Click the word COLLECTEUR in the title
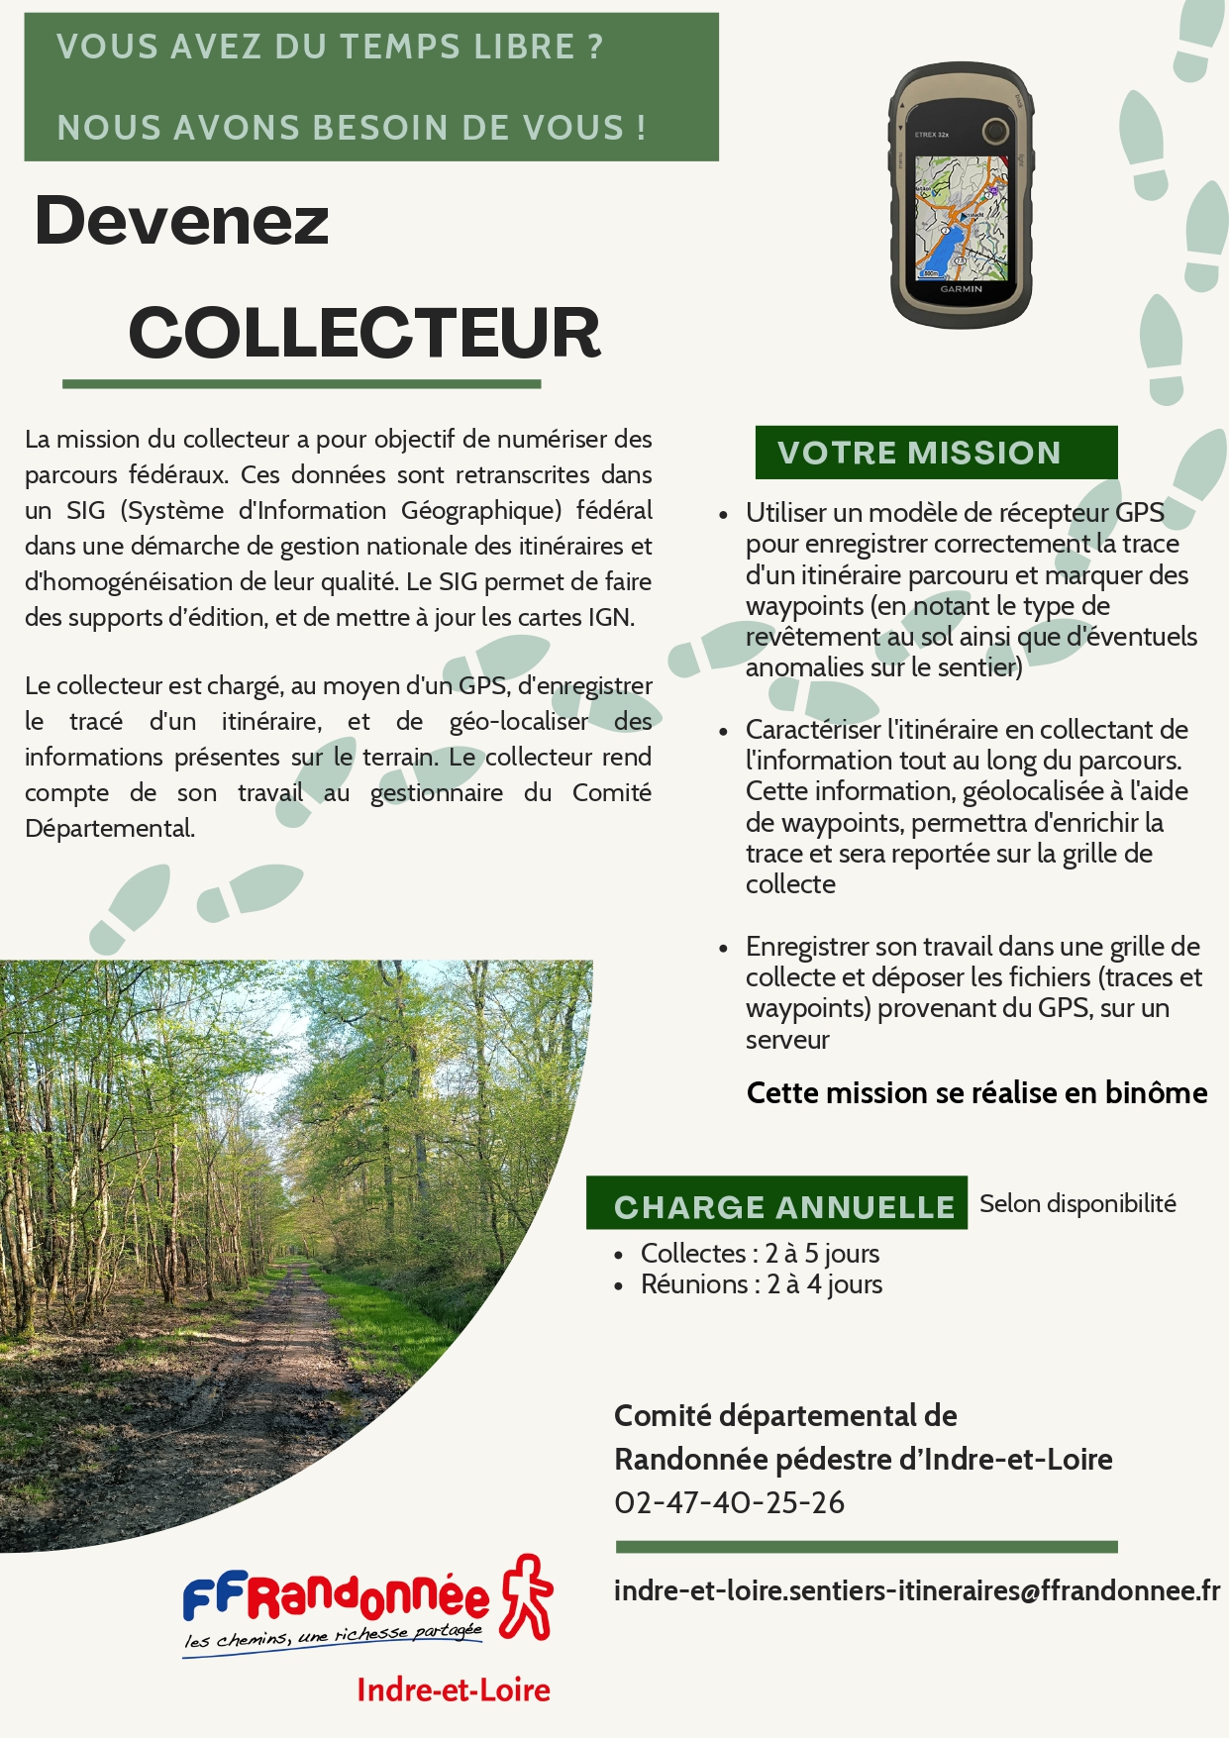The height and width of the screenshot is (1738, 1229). pyautogui.click(x=364, y=333)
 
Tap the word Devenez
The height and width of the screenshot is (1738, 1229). pyautogui.click(x=181, y=221)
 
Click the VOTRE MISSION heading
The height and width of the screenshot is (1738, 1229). pyautogui.click(x=919, y=453)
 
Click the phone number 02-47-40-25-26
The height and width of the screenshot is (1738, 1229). pyautogui.click(x=729, y=1502)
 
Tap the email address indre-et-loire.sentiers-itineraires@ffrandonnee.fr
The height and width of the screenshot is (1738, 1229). pyautogui.click(x=916, y=1590)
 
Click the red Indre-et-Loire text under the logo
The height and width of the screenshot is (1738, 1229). pyautogui.click(x=454, y=1689)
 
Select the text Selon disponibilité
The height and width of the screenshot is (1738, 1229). pyautogui.click(x=1077, y=1204)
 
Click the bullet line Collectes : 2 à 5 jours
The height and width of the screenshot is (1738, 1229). pyautogui.click(x=760, y=1254)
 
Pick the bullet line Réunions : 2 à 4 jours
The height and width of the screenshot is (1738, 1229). pyautogui.click(x=761, y=1284)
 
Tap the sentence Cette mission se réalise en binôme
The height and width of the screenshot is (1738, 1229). pyautogui.click(x=976, y=1093)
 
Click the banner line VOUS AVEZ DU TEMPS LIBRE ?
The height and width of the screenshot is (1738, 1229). pyautogui.click(x=330, y=48)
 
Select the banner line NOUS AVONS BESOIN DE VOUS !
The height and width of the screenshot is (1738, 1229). pyautogui.click(x=352, y=128)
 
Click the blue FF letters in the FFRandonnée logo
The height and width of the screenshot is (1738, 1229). pyautogui.click(x=212, y=1596)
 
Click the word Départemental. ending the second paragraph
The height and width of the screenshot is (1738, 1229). pyautogui.click(x=110, y=828)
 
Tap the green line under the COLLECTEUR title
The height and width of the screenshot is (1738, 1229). pyautogui.click(x=301, y=384)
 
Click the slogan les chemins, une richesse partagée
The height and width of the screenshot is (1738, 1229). pyautogui.click(x=333, y=1637)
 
